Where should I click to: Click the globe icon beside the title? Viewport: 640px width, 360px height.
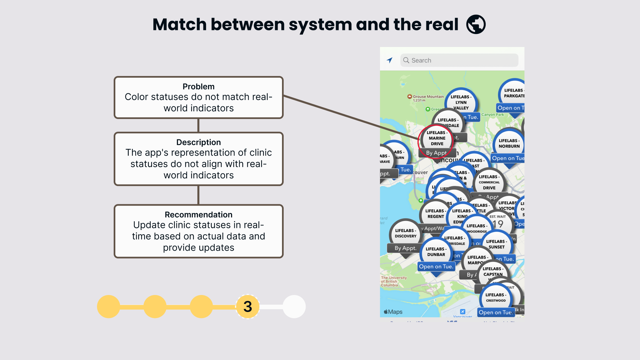(x=476, y=24)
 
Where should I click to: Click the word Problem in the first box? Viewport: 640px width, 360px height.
(x=198, y=87)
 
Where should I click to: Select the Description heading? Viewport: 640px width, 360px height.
(x=198, y=142)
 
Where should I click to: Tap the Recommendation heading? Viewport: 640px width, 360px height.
(x=198, y=215)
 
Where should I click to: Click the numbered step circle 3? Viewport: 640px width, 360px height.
(x=248, y=306)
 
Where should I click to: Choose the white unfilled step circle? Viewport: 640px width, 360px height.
(x=294, y=306)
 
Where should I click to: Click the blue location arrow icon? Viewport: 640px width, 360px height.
(x=389, y=60)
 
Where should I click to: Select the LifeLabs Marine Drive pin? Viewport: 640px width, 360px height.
(x=437, y=138)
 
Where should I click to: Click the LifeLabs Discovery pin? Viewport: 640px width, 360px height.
(x=405, y=233)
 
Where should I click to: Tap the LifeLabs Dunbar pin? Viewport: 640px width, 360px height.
(x=436, y=252)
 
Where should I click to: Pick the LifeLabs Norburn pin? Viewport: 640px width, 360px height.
(x=509, y=143)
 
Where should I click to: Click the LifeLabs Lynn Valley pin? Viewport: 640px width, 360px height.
(x=461, y=102)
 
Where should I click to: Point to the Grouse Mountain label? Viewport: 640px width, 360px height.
(x=428, y=97)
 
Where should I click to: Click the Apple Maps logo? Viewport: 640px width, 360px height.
(x=393, y=312)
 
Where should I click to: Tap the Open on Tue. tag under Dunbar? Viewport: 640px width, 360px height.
(x=436, y=267)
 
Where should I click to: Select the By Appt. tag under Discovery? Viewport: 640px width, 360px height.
(x=405, y=248)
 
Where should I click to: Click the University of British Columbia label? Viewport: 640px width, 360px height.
(x=394, y=281)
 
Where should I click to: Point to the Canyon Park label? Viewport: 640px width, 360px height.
(x=492, y=115)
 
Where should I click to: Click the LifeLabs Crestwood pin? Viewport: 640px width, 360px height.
(x=496, y=297)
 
